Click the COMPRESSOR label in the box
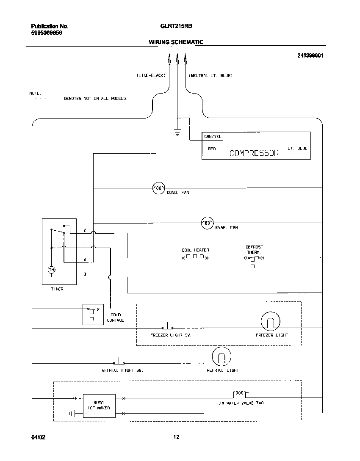coord(254,153)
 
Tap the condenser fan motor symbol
coord(158,187)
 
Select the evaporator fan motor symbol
coord(207,223)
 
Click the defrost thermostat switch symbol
coord(254,258)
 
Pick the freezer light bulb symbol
coord(270,323)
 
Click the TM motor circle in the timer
coord(52,270)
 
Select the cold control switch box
coord(93,314)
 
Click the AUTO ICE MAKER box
coord(99,405)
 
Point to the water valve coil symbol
coord(240,392)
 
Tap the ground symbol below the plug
coord(177,133)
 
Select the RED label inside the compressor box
coord(212,149)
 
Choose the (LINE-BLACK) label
coord(151,76)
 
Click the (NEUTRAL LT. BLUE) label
coord(210,76)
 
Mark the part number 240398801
coord(310,55)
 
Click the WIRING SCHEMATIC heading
coord(176,42)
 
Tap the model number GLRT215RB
coord(176,26)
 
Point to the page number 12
coord(176,437)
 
